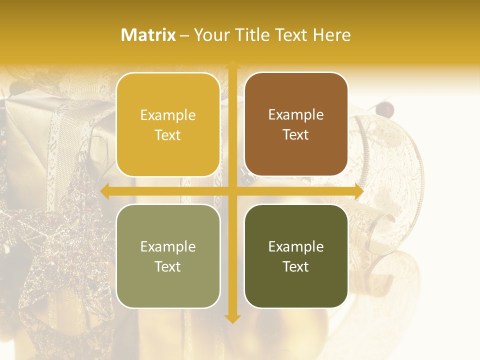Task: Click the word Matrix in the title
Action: pos(148,35)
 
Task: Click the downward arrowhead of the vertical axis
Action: pos(232,318)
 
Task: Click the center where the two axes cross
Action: pos(232,191)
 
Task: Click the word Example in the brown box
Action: pos(296,115)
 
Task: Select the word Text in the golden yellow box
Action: pos(168,135)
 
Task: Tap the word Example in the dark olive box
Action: pos(296,246)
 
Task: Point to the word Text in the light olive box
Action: pos(168,266)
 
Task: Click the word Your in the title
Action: pos(210,35)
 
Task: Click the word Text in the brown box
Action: pos(296,135)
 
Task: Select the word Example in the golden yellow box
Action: pos(168,115)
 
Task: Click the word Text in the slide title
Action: pos(289,35)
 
